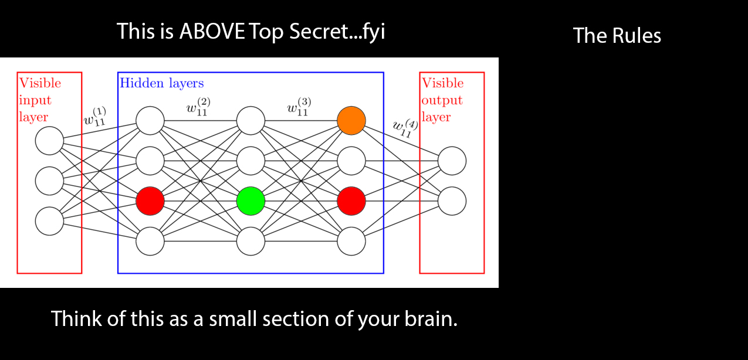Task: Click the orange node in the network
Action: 351,120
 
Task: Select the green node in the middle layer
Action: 251,201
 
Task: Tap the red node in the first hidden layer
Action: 150,201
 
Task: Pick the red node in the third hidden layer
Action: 351,201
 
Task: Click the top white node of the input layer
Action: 49,141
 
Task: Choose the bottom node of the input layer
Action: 49,221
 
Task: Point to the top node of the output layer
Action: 452,161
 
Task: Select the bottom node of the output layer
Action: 452,201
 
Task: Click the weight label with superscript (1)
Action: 95,116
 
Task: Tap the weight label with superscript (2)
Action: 198,108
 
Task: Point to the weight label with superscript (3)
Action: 299,108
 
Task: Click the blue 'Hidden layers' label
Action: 162,83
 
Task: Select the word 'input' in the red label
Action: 35,100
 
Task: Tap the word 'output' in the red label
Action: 442,100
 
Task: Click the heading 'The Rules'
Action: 617,36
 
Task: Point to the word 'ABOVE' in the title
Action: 212,31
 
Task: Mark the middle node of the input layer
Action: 49,181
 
